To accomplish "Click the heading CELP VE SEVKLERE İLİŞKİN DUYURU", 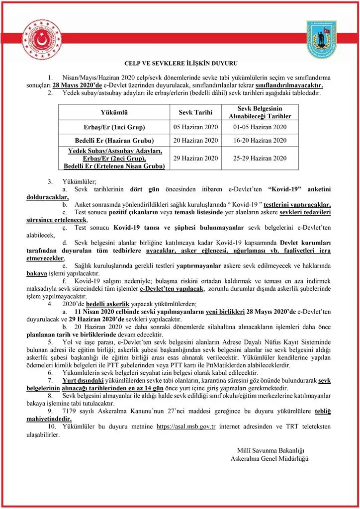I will [x=180, y=63].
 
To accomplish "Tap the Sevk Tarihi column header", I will [x=196, y=112].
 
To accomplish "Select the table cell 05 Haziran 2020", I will [x=196, y=127].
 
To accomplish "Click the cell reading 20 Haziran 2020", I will [x=196, y=140].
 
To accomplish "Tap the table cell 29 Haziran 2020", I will [x=196, y=158].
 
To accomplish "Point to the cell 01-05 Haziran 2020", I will [x=260, y=127].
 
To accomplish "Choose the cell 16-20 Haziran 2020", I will [x=260, y=140].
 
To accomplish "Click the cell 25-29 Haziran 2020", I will [x=260, y=158].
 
